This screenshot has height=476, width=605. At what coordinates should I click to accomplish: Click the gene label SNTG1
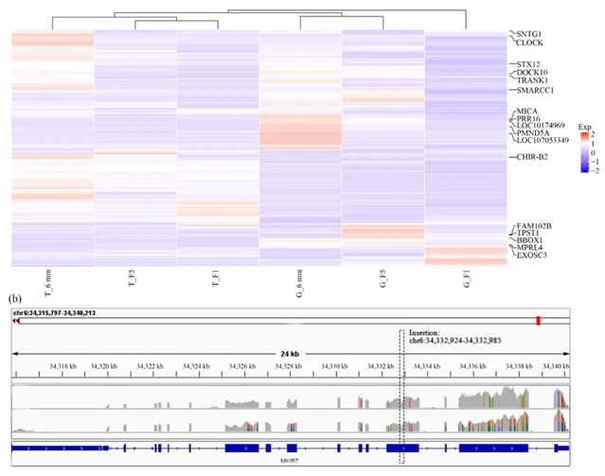coord(529,34)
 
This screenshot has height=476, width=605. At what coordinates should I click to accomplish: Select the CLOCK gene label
coord(530,44)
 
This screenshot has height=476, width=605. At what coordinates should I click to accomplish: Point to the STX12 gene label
coord(529,63)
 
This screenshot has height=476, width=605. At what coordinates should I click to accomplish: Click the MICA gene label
coord(527,112)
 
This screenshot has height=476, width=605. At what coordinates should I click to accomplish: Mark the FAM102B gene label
coord(535,225)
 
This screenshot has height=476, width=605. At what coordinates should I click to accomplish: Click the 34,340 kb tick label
coord(554,365)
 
